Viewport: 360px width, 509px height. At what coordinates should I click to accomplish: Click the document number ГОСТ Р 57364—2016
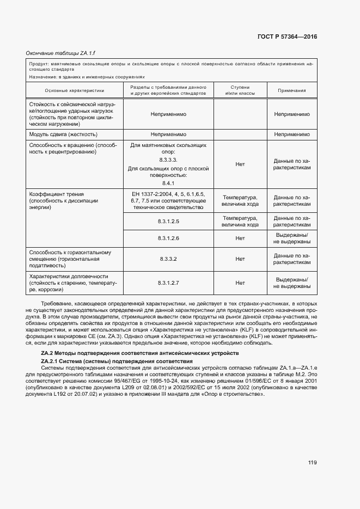pos(286,36)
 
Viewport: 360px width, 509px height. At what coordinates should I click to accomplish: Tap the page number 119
pos(312,463)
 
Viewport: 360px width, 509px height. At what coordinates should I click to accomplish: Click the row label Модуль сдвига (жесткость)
pos(64,134)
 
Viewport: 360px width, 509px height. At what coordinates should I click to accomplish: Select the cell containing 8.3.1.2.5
pos(168,221)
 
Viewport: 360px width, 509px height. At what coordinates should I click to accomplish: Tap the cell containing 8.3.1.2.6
pos(168,238)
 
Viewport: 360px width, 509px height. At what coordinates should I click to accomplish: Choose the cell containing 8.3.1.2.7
pos(168,283)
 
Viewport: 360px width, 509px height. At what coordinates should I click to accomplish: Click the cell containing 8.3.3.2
pos(168,259)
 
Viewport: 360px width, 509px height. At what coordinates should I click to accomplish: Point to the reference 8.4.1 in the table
pos(168,183)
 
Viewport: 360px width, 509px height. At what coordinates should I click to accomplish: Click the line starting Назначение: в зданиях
pos(87,77)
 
